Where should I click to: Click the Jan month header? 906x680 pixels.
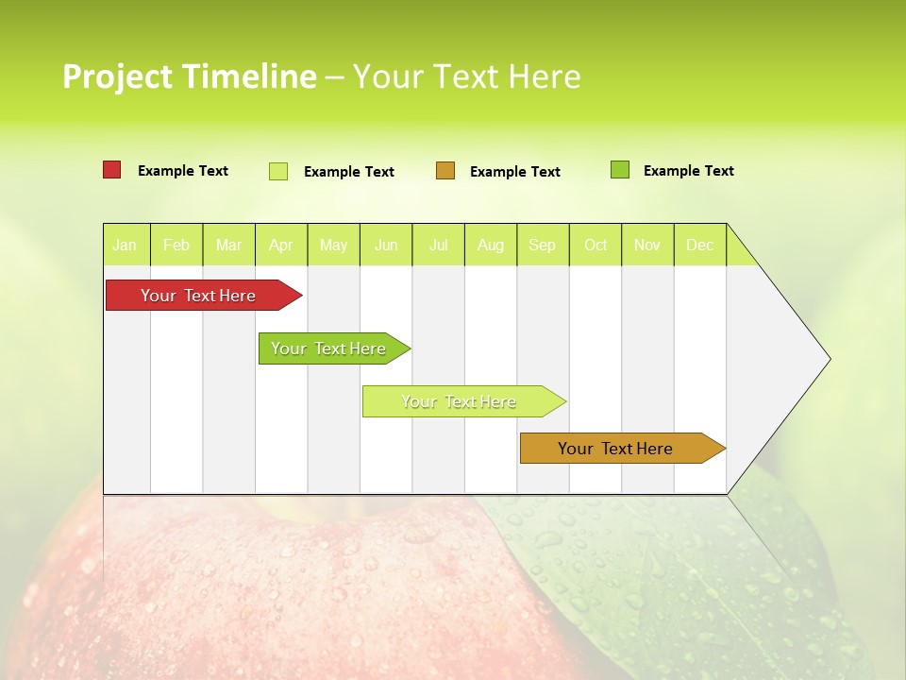[125, 246]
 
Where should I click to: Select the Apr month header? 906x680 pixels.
[280, 246]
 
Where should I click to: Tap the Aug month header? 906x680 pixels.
[490, 246]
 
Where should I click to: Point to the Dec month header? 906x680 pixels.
[699, 246]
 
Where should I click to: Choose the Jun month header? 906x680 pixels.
[386, 246]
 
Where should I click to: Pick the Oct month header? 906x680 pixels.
[596, 246]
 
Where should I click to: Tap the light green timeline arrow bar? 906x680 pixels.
[461, 401]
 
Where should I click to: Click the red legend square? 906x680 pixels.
[111, 170]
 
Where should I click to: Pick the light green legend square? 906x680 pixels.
[278, 171]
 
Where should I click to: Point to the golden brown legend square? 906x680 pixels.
[445, 171]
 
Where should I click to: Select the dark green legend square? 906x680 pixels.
[619, 170]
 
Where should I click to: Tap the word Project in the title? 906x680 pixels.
[118, 76]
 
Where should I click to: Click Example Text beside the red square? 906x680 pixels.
[183, 171]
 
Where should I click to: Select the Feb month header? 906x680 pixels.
[176, 246]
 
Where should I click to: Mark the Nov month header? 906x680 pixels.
[647, 246]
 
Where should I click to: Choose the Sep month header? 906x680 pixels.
[543, 246]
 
